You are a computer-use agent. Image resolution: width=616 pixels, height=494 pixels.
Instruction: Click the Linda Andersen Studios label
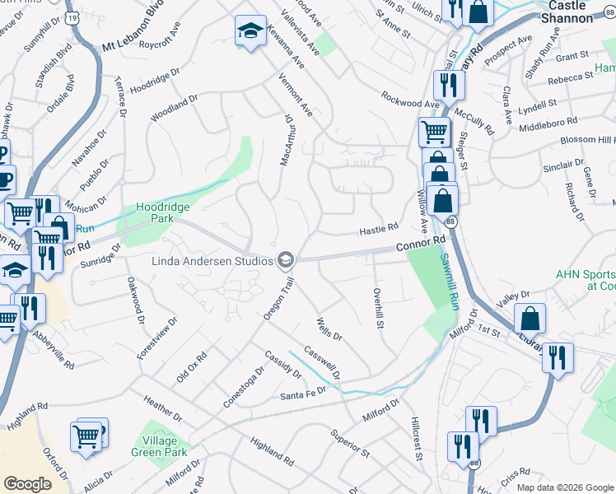click(x=212, y=261)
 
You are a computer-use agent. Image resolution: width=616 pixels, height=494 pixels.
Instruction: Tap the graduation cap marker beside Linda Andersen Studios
click(x=286, y=261)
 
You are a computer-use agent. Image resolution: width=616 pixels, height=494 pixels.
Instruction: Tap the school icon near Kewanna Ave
click(x=251, y=31)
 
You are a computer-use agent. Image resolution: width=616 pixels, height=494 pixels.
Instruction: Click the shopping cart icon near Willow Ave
click(x=434, y=132)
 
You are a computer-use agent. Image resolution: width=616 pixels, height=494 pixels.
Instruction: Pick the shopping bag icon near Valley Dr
click(x=531, y=319)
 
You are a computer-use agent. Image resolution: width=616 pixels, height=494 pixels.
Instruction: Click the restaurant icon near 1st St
click(x=558, y=357)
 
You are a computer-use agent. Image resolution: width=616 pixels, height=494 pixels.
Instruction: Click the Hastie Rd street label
click(x=379, y=230)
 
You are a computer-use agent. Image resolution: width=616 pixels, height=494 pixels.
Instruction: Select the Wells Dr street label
click(x=329, y=329)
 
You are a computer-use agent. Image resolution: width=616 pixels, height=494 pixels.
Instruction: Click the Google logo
click(x=27, y=484)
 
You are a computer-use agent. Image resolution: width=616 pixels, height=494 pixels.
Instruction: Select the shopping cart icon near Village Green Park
click(x=86, y=436)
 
